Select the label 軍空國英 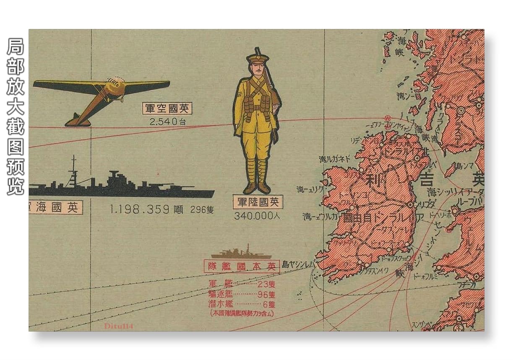click(x=167, y=109)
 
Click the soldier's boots click(x=257, y=187)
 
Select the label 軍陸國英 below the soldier click(x=258, y=202)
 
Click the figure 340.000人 click(x=257, y=216)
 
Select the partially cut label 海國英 click(x=55, y=207)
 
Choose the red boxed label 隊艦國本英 click(x=241, y=266)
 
